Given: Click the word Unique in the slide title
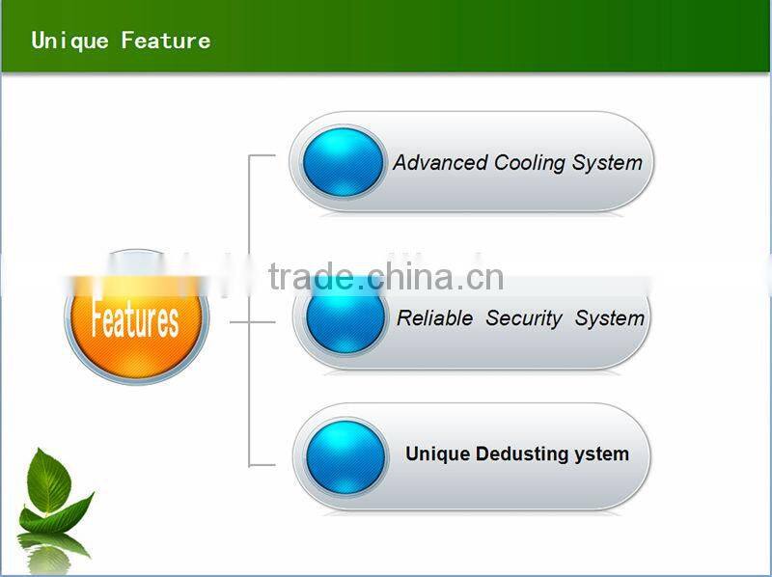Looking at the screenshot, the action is [x=70, y=41].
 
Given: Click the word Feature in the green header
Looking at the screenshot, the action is [x=165, y=41].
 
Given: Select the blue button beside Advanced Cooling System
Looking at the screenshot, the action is [x=343, y=162].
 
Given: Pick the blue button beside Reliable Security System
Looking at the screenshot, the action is [x=345, y=318].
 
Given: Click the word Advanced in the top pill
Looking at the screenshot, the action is [x=440, y=163].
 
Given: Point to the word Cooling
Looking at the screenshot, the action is [x=529, y=163].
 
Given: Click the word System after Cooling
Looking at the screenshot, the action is [x=606, y=163].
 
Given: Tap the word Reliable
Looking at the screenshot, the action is [x=434, y=318].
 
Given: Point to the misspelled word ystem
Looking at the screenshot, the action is [x=603, y=454].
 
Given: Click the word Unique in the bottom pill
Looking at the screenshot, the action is [x=437, y=454].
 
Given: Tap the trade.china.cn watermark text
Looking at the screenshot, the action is [x=386, y=277].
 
